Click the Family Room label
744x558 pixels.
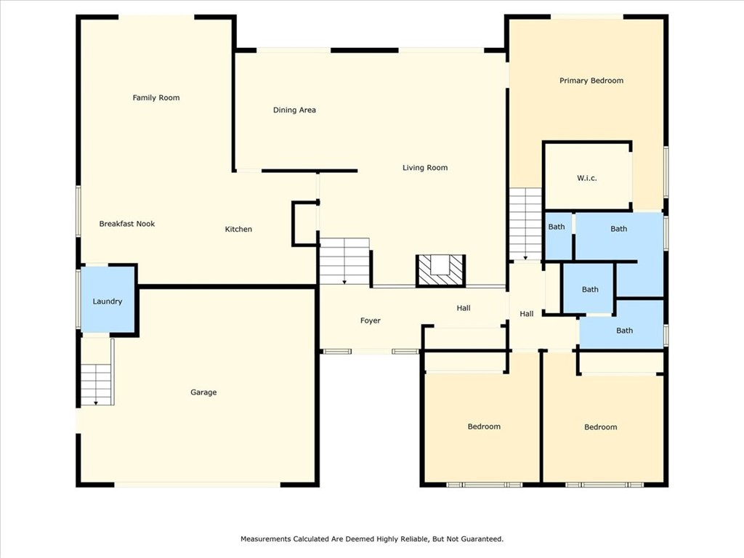coord(155,97)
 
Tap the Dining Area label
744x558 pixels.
coord(294,110)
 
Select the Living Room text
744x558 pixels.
coord(425,168)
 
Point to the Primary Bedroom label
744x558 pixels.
coord(591,81)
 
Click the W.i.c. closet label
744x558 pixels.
coord(586,178)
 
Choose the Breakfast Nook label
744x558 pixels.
coord(127,224)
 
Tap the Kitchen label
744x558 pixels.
coord(238,230)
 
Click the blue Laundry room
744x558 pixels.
coord(108,301)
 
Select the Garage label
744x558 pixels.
coord(203,392)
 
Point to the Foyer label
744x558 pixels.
coord(371,320)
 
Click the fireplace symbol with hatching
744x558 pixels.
coord(440,271)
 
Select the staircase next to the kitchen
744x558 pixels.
coord(344,262)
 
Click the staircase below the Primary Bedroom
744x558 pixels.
coord(525,224)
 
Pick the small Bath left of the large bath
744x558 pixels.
coord(557,227)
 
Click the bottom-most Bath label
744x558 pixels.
coord(624,331)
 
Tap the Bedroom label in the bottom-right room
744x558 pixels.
coord(600,427)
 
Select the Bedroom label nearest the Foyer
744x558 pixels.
coord(483,426)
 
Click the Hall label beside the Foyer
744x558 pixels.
coord(464,308)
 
